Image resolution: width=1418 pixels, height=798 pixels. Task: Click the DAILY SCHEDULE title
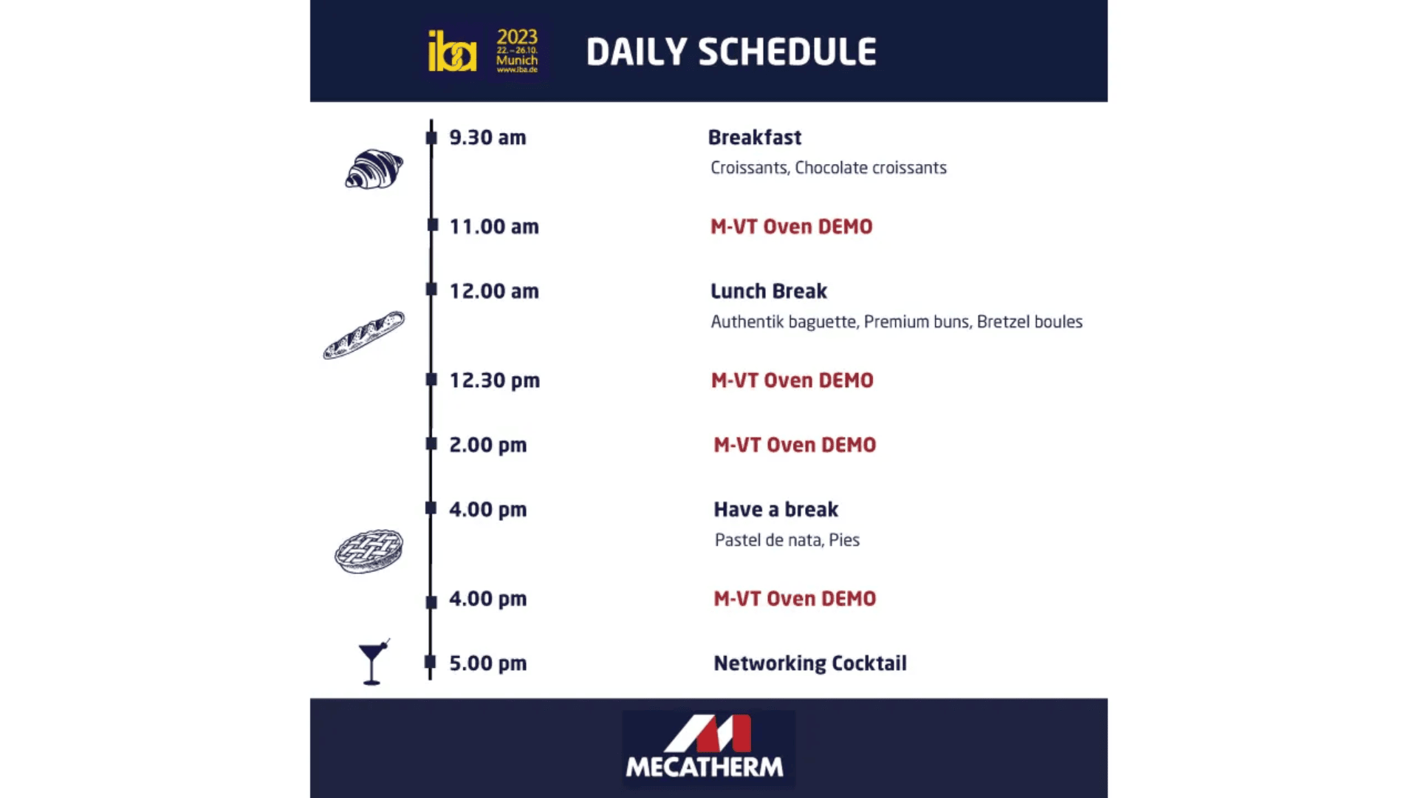(x=731, y=52)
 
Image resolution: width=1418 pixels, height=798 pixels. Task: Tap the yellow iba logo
(x=452, y=52)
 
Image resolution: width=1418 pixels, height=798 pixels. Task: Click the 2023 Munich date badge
(x=517, y=50)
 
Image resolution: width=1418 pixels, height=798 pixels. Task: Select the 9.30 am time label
(x=487, y=137)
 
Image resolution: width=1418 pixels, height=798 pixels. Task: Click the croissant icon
(x=374, y=169)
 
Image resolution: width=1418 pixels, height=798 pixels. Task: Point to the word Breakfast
(x=754, y=137)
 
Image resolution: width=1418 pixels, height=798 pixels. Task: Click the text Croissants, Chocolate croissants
(x=828, y=168)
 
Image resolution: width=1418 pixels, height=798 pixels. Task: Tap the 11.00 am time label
(x=494, y=227)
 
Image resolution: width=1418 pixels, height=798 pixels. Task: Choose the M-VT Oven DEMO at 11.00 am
(x=791, y=227)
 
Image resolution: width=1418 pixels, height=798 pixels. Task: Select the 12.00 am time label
(x=494, y=291)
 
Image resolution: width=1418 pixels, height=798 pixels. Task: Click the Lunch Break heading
(x=768, y=291)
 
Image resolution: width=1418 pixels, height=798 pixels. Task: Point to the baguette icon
(x=364, y=335)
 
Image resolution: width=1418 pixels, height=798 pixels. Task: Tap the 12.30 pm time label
(x=495, y=381)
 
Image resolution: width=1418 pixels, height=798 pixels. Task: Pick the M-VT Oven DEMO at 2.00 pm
(x=795, y=445)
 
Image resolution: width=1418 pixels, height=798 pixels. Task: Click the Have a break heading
(x=775, y=510)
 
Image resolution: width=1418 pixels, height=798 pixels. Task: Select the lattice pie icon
(x=369, y=551)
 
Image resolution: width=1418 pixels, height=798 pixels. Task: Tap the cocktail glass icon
(x=373, y=662)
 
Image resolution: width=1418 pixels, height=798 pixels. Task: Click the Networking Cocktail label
(x=809, y=664)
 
